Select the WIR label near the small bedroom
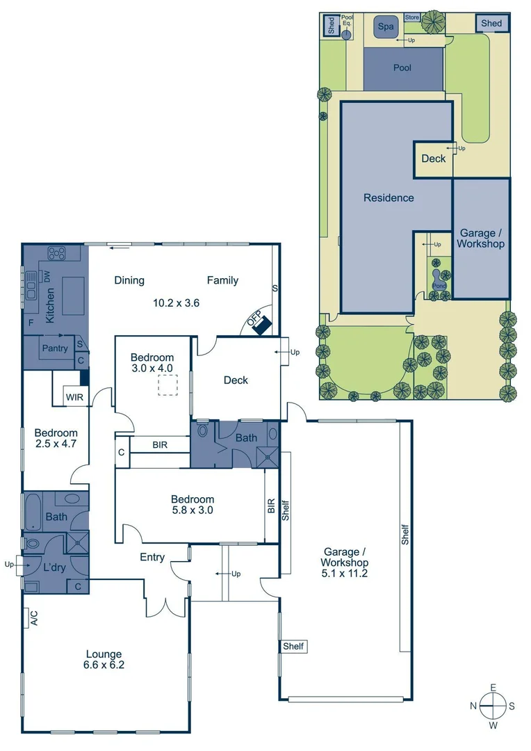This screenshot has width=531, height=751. pyautogui.click(x=74, y=397)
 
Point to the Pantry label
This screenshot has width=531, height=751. pyautogui.click(x=55, y=348)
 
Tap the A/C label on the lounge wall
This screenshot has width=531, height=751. pyautogui.click(x=33, y=617)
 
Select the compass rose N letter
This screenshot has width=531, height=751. pyautogui.click(x=473, y=706)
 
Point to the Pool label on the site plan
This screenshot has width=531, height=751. pyautogui.click(x=402, y=68)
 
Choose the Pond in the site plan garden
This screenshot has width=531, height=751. pyautogui.click(x=439, y=285)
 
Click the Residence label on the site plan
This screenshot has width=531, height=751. pyautogui.click(x=389, y=198)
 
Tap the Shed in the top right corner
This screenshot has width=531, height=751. pyautogui.click(x=491, y=24)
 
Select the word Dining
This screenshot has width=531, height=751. pyautogui.click(x=129, y=280)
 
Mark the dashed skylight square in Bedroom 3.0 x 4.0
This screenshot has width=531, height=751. pyautogui.click(x=168, y=385)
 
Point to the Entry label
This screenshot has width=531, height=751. pyautogui.click(x=152, y=557)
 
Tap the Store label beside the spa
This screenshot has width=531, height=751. pyautogui.click(x=412, y=17)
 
